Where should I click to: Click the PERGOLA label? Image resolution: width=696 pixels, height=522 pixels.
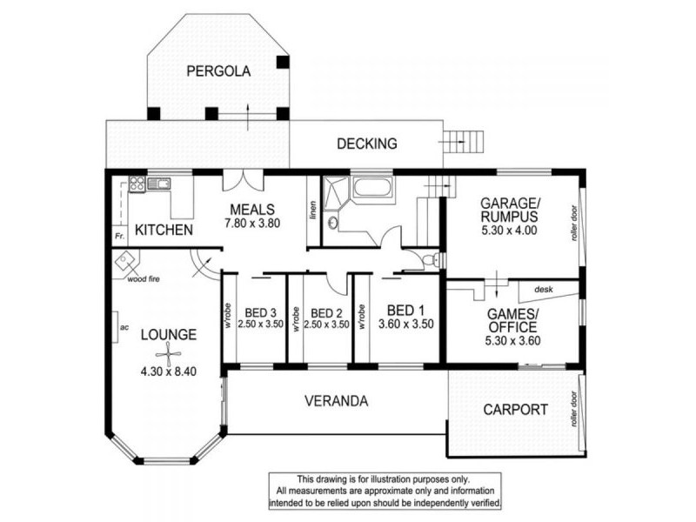218,71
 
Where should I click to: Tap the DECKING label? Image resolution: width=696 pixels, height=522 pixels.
366,144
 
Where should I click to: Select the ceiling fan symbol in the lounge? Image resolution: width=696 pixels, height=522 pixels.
169,354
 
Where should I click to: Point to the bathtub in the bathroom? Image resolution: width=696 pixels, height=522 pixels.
372,188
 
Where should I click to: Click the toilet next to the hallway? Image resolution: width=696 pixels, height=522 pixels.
431,258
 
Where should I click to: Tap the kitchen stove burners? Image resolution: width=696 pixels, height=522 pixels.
137,184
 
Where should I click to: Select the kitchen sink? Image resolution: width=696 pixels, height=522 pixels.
158,184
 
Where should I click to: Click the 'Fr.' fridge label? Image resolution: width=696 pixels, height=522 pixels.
119,236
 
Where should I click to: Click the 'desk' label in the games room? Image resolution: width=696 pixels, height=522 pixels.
543,290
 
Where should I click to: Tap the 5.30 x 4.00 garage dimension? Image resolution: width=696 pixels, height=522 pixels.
509,231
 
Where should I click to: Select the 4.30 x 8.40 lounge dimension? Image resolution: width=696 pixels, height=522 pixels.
169,371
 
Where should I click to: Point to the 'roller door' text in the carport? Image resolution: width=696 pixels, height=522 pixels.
574,409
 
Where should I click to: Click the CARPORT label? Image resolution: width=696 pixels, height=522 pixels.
515,409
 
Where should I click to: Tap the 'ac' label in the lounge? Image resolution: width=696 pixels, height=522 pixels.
124,328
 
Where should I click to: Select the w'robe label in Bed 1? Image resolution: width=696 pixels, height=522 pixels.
362,317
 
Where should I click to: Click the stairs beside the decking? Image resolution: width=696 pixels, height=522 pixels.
463,142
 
